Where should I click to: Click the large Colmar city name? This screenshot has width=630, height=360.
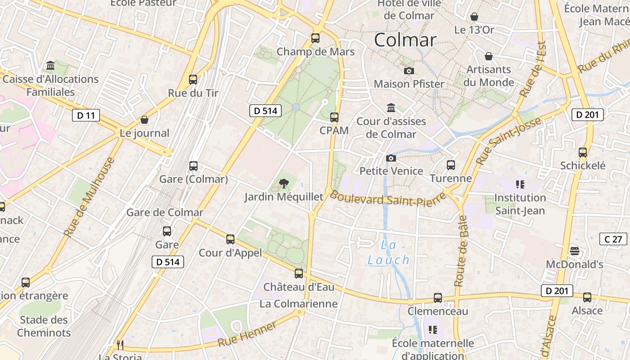[405, 40]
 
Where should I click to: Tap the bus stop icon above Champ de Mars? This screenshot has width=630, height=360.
[315, 38]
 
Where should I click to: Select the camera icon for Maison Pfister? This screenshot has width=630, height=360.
[409, 71]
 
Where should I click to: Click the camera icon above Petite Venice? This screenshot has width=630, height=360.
[391, 158]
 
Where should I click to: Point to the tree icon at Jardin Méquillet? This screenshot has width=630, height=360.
[283, 183]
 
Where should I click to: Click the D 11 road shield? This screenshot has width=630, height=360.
[85, 115]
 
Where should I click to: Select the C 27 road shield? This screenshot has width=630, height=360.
[613, 239]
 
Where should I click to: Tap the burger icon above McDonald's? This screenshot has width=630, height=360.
[574, 251]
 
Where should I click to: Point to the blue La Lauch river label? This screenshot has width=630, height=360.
[388, 252]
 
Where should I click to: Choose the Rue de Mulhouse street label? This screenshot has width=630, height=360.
[90, 197]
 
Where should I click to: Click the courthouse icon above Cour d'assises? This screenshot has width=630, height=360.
[391, 108]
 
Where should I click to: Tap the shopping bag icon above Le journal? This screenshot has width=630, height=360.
[144, 120]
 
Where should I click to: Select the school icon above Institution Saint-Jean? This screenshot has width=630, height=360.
[520, 184]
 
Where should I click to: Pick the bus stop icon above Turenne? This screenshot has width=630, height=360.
[451, 165]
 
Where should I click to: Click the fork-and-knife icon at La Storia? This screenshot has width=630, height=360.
[120, 345]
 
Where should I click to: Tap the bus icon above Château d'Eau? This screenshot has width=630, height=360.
[299, 274]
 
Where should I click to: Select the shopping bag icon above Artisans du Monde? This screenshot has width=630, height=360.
[489, 56]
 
